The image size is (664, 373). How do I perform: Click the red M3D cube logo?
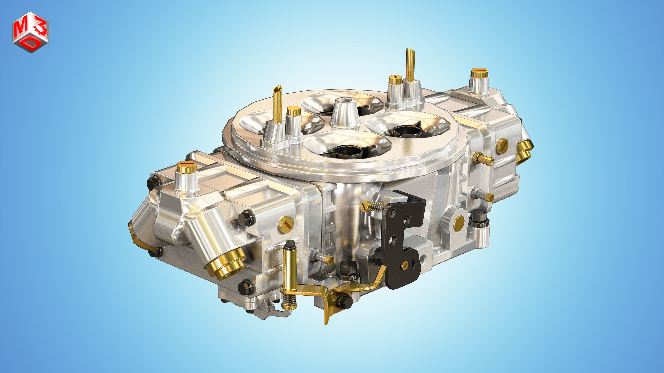coord(30,32)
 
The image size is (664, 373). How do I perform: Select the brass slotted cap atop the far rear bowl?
coord(479,73)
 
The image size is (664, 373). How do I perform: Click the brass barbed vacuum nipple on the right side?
coord(483,159)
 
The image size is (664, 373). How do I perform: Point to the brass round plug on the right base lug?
coord(459,223)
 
